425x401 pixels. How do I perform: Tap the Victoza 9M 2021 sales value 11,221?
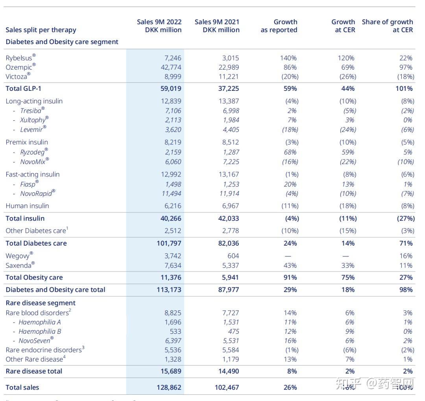(229, 77)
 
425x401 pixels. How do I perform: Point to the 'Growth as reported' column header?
(279, 26)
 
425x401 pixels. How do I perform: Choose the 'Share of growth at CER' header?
(387, 26)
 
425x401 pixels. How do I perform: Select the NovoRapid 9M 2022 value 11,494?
(171, 193)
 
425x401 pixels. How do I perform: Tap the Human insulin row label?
(27, 206)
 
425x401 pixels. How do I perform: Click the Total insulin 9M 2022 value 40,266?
(170, 218)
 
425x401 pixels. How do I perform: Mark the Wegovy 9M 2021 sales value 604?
(233, 256)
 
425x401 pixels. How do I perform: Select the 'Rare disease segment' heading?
(41, 303)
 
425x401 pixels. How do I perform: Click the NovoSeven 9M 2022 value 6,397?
(173, 340)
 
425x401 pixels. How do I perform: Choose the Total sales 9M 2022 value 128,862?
(169, 387)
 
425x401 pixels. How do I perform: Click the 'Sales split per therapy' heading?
(41, 30)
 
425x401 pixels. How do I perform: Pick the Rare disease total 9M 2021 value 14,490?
(229, 371)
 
